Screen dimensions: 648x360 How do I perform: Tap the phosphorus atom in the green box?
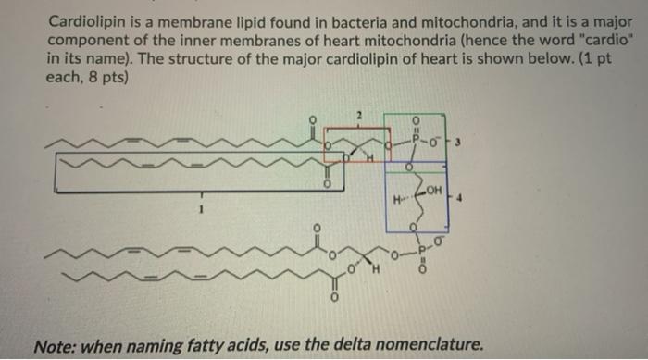tap(416, 143)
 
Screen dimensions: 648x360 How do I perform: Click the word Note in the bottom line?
tap(54, 346)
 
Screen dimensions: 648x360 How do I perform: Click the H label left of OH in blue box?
tap(395, 198)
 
